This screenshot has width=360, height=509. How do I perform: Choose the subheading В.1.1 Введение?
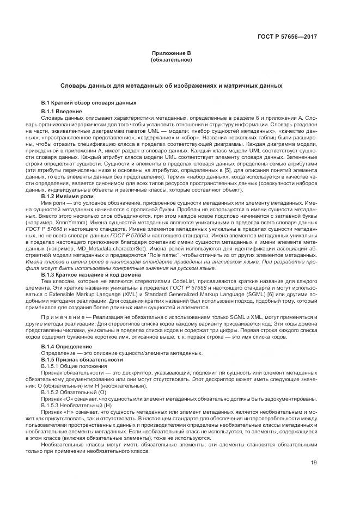[62, 111]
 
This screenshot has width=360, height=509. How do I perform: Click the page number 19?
[314, 463]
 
